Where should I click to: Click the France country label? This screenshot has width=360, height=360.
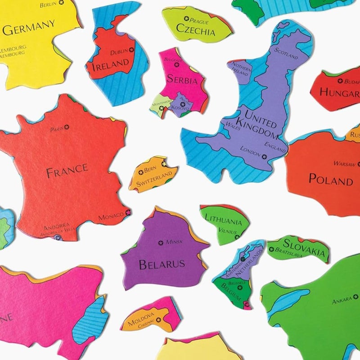pos(67,170)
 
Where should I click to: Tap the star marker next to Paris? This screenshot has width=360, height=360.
pos(67,127)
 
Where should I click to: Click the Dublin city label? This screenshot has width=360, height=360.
pos(119,52)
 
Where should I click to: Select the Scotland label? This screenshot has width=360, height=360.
pos(286,53)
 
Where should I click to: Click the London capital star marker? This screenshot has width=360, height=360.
pos(264,157)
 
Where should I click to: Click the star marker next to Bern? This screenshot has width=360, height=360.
pos(141,172)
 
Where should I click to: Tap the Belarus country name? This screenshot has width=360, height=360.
pos(162,264)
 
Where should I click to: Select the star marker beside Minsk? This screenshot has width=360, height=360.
pos(161,243)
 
